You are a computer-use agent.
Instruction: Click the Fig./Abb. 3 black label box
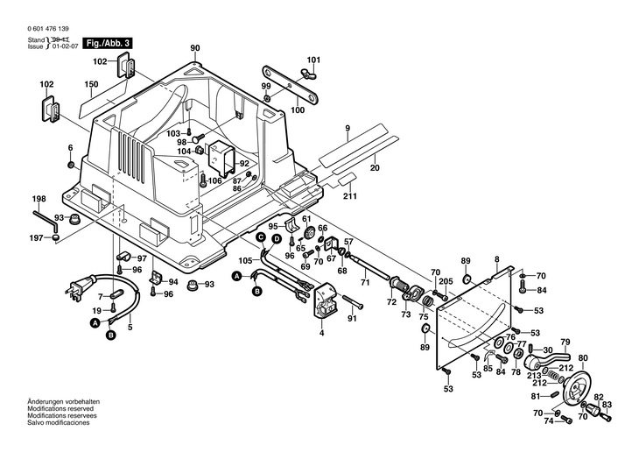tap(109, 42)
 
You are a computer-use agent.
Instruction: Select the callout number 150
tap(90, 85)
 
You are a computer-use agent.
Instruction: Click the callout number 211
tap(350, 195)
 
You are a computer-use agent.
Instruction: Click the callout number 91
tap(352, 319)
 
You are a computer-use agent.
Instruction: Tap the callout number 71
tap(366, 282)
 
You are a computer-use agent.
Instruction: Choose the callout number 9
tap(347, 129)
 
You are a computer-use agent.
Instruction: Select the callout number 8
tap(495, 258)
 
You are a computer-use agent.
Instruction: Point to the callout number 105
tap(244, 260)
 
